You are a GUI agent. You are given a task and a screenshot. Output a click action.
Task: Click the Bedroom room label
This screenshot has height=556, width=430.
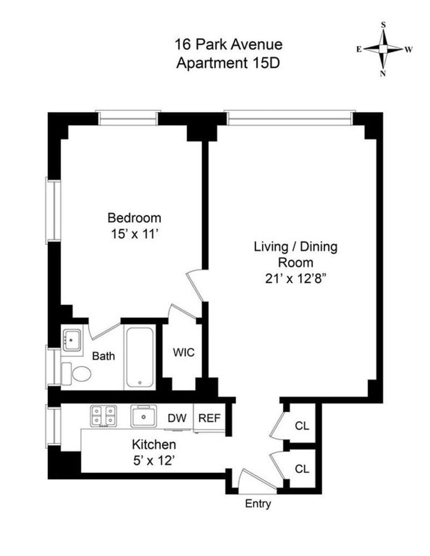134,218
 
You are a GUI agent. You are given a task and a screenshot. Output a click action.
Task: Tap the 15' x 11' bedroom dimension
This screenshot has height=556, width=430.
134,234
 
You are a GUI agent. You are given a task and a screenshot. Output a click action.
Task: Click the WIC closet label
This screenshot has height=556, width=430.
184,353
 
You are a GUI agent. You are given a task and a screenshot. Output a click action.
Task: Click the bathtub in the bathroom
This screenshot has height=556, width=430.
140,357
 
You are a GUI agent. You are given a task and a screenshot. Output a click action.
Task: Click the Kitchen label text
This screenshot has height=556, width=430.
154,445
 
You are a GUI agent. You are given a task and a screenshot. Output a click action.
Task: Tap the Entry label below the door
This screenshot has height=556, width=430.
258,504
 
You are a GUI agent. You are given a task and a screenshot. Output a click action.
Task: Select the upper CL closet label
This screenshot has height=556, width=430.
302,426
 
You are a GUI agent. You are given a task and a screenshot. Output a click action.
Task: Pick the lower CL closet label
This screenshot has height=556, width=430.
302,469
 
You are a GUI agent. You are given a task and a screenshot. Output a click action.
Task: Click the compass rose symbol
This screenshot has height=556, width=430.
383,49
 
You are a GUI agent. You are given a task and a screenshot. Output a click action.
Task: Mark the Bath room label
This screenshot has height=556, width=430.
103,356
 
